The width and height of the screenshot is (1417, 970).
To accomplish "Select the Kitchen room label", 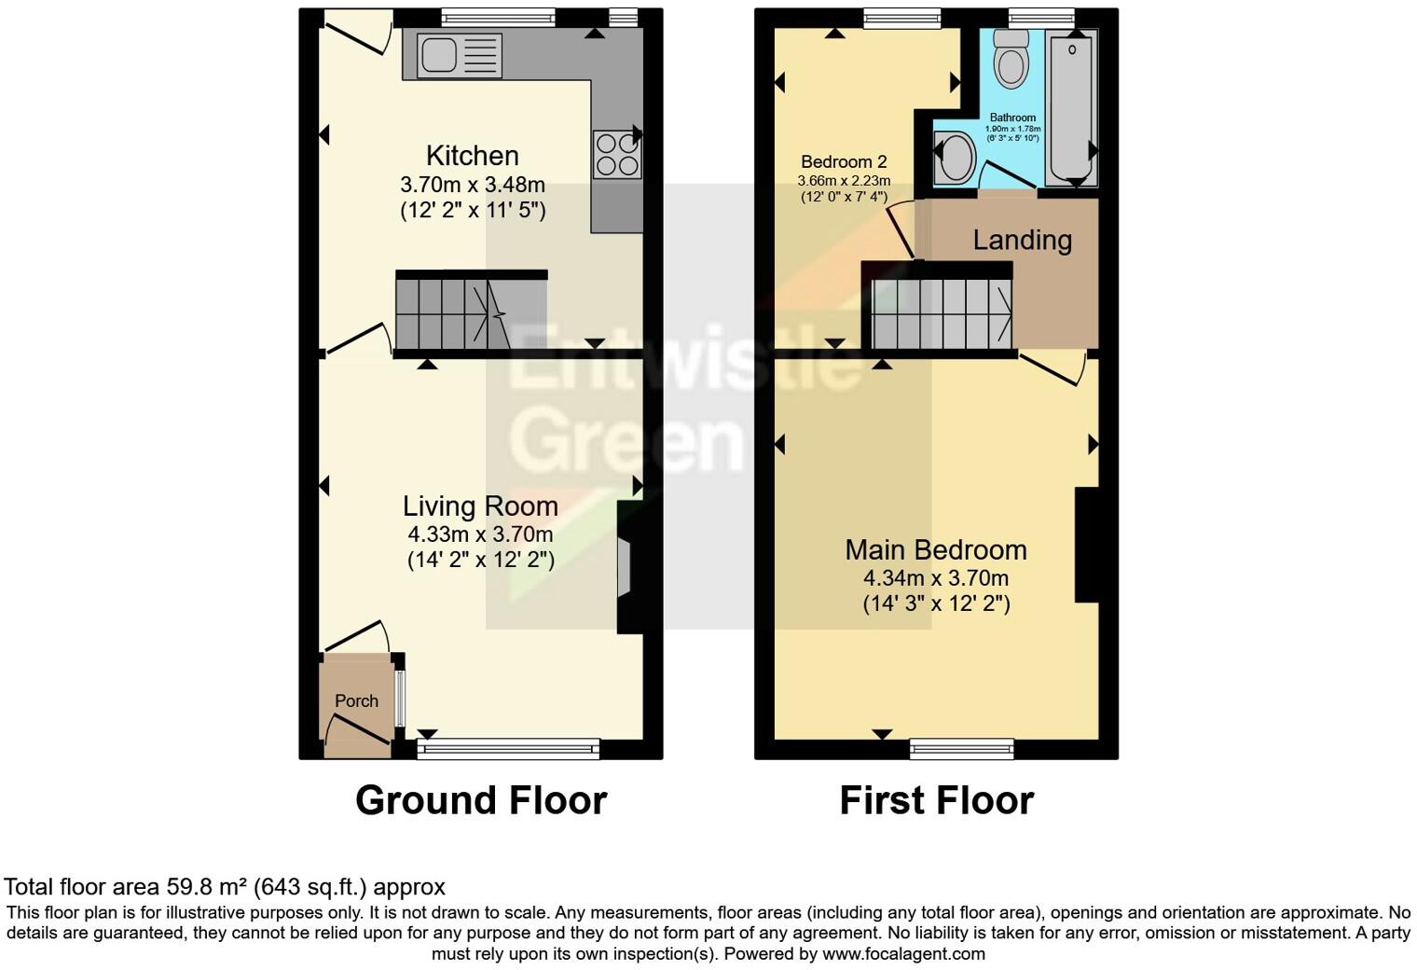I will pos(472,156).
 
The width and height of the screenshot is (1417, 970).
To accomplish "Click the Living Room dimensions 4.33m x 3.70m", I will pos(480,534).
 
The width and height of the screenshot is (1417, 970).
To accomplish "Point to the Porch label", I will pos(356,700).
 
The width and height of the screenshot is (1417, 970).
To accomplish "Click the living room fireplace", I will pos(625,566).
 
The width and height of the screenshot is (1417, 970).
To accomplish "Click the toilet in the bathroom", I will pos(1010,58).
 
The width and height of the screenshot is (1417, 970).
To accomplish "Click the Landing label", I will pos(1022,241).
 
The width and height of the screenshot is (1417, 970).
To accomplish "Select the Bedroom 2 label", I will pos(843,161).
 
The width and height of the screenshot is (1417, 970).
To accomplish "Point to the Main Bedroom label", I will pos(935,549).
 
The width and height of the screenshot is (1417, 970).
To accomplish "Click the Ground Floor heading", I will pos(481,800).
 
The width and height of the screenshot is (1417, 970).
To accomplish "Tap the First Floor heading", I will pos(936,800).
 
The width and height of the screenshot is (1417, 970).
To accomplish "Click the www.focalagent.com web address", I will pos(903,953).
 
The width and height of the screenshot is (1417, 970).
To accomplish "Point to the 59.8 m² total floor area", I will pos(208,886).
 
